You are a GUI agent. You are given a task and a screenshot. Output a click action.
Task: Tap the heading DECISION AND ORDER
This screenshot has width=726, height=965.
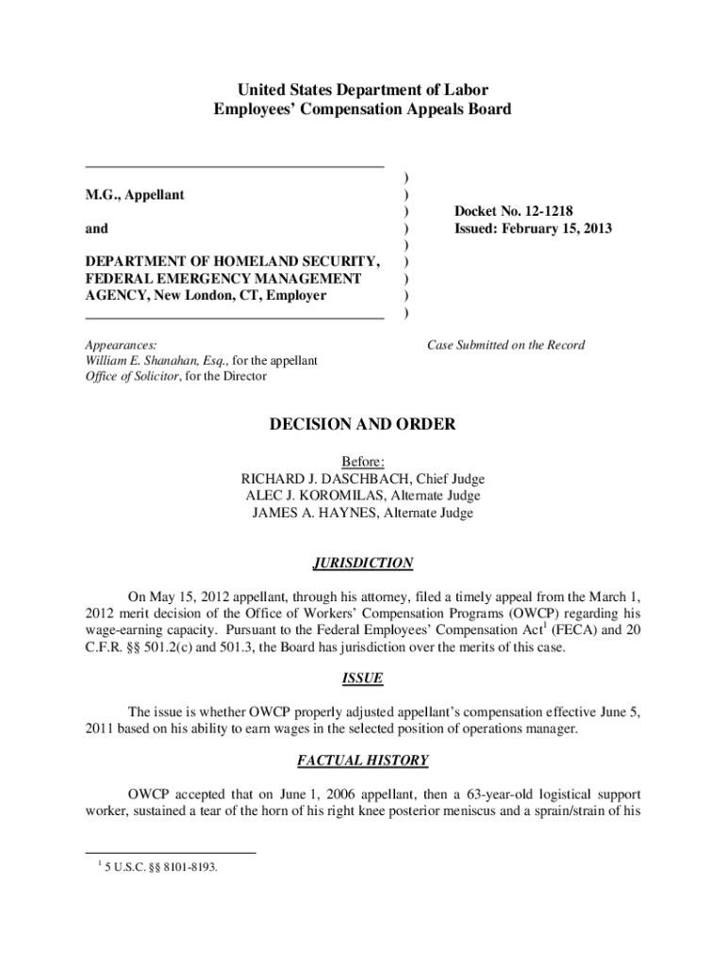pos(362,425)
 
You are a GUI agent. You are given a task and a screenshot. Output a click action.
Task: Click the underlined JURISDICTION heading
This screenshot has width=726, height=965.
pos(362,564)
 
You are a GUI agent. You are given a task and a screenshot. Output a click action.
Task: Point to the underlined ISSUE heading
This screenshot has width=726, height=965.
pos(362,679)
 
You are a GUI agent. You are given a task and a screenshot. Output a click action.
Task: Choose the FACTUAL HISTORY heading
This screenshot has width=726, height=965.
pos(362,760)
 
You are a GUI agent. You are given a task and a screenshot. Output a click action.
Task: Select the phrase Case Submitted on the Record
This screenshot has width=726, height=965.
pos(505,345)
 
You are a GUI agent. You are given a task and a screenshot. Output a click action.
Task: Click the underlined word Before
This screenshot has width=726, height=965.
pos(362,462)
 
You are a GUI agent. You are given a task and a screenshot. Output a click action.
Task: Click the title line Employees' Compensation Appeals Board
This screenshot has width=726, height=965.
pos(362,109)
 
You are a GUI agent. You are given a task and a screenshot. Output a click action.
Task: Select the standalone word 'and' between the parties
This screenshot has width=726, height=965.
pos(96,228)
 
